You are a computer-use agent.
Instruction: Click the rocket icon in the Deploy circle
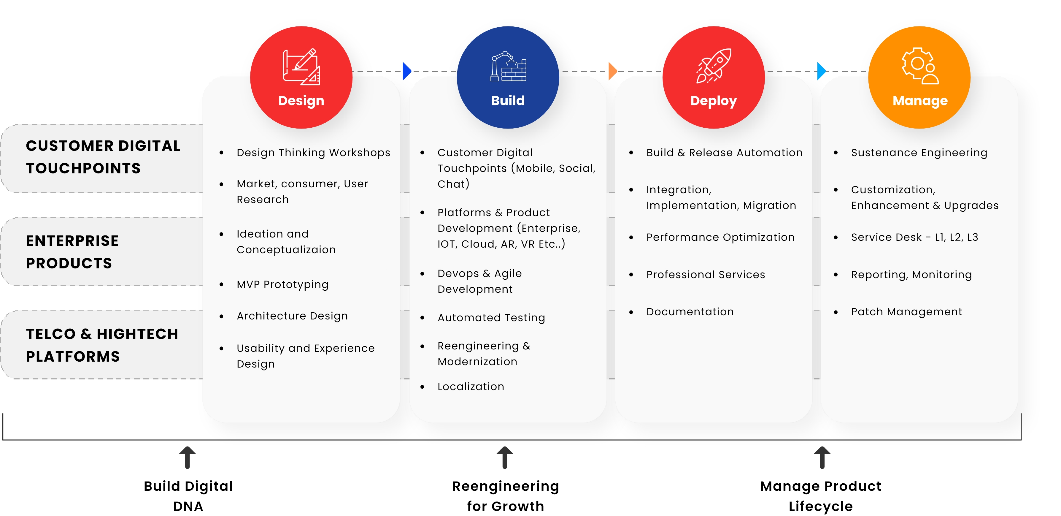click(714, 66)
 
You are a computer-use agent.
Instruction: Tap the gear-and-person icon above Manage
click(920, 66)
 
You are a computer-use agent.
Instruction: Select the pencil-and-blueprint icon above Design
click(301, 67)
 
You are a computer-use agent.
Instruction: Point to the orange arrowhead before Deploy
click(612, 71)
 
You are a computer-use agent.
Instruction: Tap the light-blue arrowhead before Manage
click(821, 71)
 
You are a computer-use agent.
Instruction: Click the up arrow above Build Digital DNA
click(188, 458)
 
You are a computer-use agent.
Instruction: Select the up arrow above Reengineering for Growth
click(505, 458)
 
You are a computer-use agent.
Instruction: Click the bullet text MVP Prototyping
click(282, 284)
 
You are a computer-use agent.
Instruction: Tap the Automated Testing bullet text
click(491, 317)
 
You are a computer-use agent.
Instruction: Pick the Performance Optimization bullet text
click(720, 238)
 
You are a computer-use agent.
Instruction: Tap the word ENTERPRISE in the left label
click(72, 241)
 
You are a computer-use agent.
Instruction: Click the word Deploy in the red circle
click(713, 101)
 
